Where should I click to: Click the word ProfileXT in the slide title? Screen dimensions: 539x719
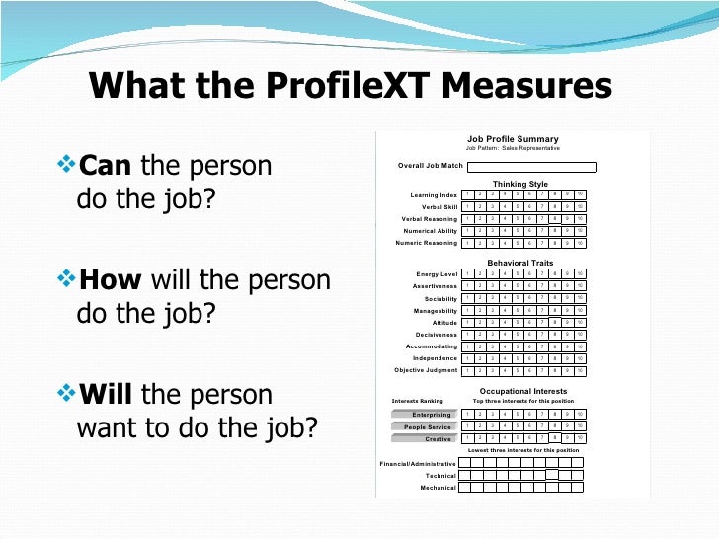pyautogui.click(x=341, y=87)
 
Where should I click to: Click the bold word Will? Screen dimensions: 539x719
pyautogui.click(x=106, y=395)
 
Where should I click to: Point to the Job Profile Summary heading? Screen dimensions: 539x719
pyautogui.click(x=513, y=139)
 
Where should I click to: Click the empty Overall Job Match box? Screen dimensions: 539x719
pyautogui.click(x=531, y=167)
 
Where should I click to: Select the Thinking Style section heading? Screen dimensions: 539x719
pyautogui.click(x=519, y=184)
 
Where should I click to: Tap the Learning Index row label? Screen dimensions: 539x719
pyautogui.click(x=434, y=195)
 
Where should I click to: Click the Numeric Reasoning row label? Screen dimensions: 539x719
pyautogui.click(x=427, y=243)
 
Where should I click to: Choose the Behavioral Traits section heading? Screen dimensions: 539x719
pyautogui.click(x=519, y=263)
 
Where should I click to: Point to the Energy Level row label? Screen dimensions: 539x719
pyautogui.click(x=437, y=274)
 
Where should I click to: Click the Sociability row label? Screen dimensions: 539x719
pyautogui.click(x=440, y=299)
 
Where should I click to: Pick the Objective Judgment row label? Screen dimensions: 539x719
pyautogui.click(x=426, y=371)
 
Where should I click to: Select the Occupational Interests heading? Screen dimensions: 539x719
pyautogui.click(x=522, y=391)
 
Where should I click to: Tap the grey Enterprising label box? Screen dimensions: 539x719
pyautogui.click(x=425, y=415)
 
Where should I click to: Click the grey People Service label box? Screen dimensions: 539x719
pyautogui.click(x=425, y=427)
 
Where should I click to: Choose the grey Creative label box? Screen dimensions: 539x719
pyautogui.click(x=425, y=439)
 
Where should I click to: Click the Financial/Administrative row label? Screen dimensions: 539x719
pyautogui.click(x=418, y=463)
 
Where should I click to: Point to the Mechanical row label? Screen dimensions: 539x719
pyautogui.click(x=438, y=488)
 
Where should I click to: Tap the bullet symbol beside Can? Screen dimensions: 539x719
pyautogui.click(x=68, y=164)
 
